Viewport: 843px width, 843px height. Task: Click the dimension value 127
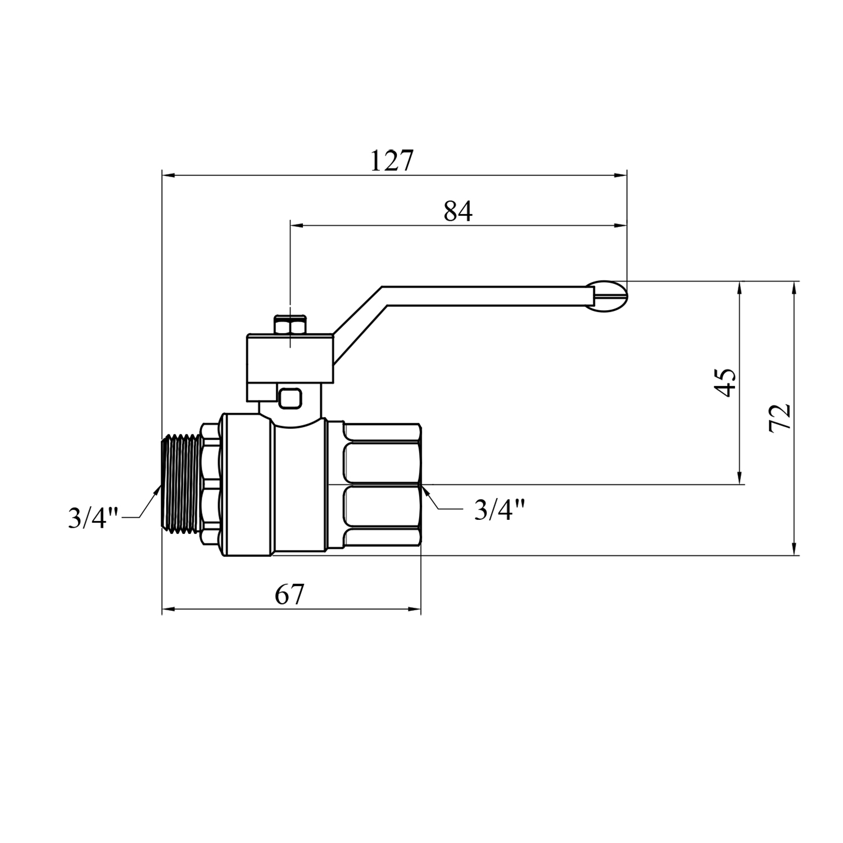[x=392, y=161]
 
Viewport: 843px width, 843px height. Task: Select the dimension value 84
[x=458, y=211]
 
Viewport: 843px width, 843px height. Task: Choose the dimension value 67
[x=289, y=595]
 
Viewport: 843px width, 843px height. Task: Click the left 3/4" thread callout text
[x=93, y=518]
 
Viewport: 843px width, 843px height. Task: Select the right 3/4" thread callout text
[x=500, y=510]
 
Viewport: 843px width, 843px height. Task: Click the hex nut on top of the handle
[x=290, y=325]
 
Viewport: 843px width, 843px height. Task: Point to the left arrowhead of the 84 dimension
[x=297, y=225]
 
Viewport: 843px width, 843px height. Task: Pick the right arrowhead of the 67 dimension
[x=414, y=609]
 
